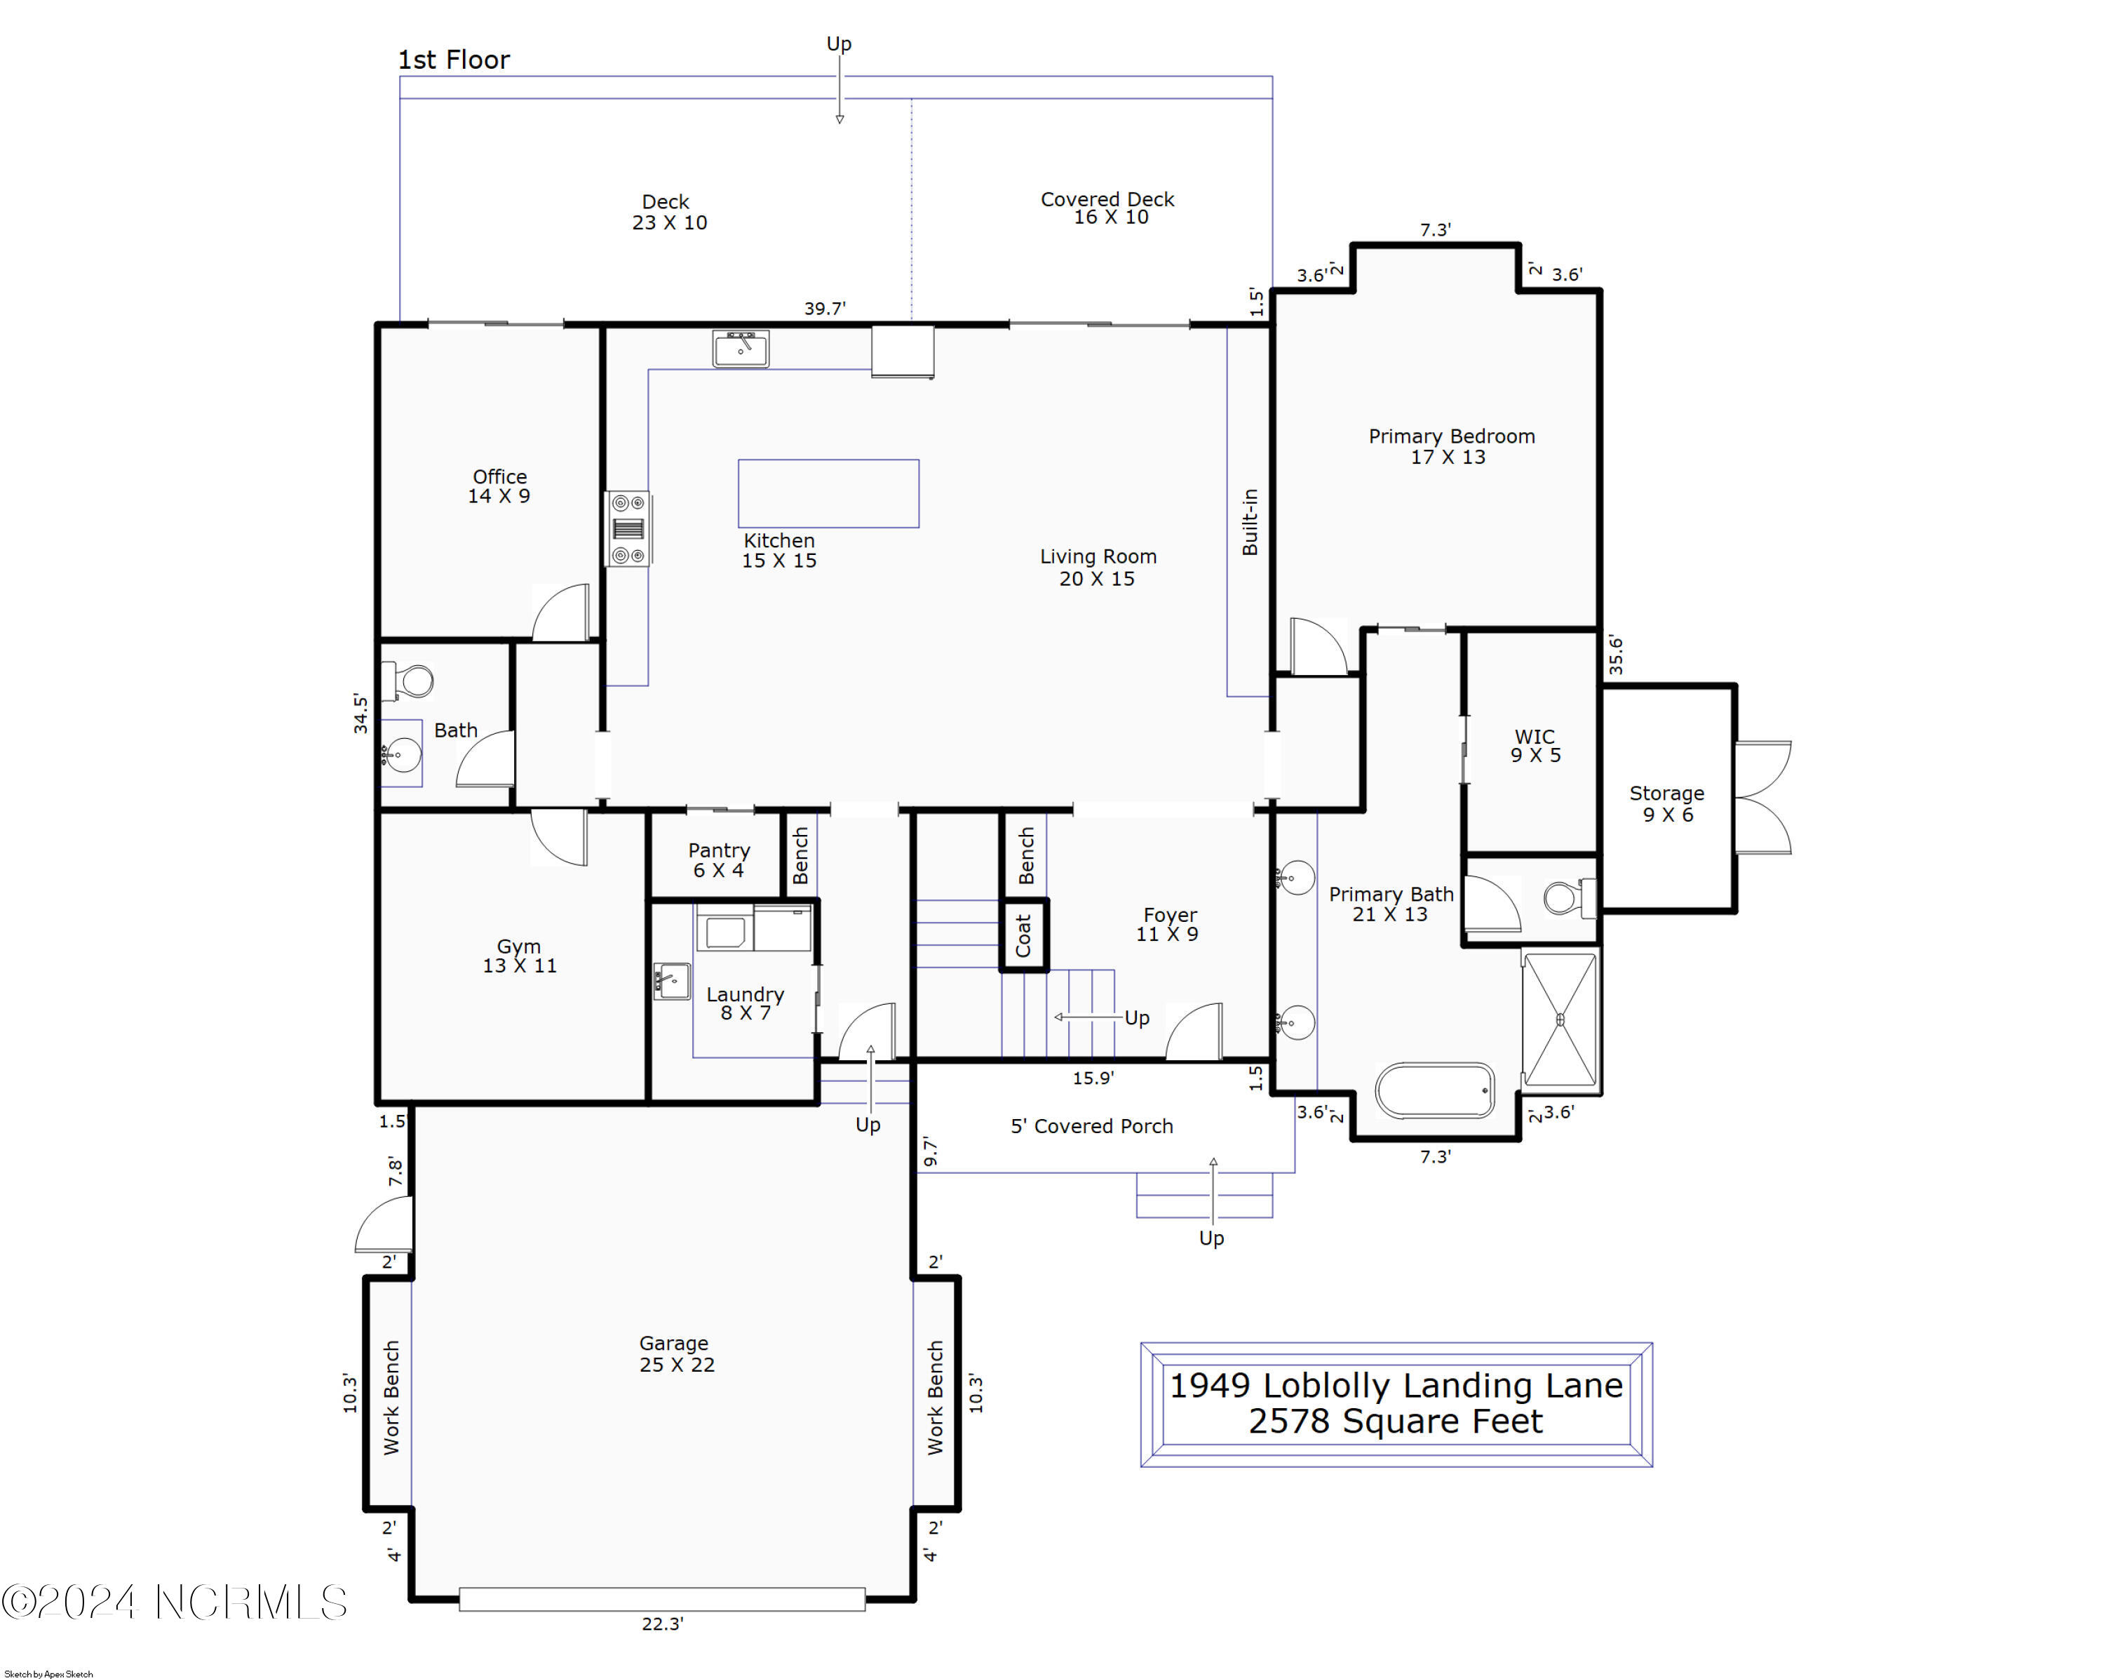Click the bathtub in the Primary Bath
click(1434, 1090)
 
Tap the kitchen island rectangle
click(828, 493)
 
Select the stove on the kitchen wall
click(628, 528)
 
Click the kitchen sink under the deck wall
click(741, 349)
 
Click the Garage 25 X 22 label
click(676, 1354)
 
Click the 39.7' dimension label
click(825, 309)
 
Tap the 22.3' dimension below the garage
click(663, 1624)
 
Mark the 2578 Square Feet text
click(1396, 1422)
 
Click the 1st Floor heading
click(454, 60)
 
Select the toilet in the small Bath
click(409, 681)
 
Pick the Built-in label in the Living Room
click(1250, 522)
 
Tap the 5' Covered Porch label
click(1091, 1125)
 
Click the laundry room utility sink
click(671, 981)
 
